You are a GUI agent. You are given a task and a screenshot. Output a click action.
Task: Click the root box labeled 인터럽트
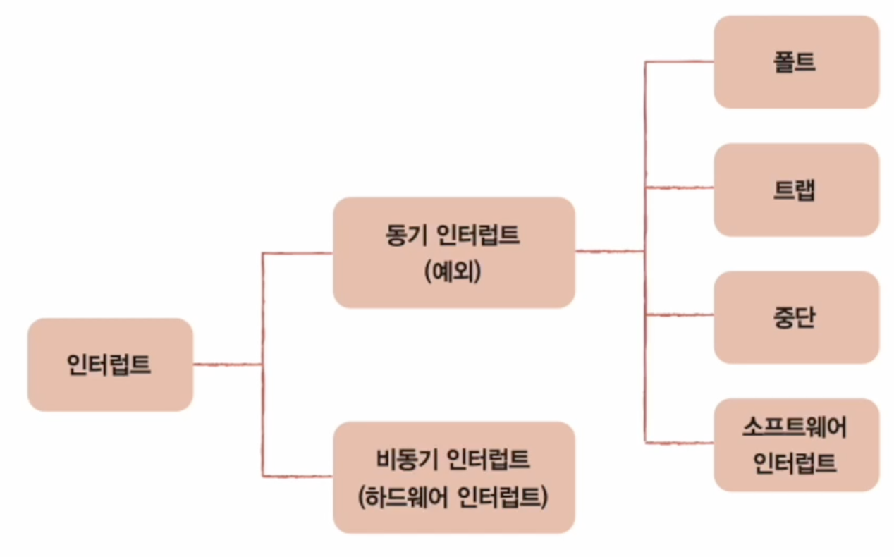(110, 365)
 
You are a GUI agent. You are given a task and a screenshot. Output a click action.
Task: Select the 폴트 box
(796, 62)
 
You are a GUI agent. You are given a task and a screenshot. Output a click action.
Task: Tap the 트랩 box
(796, 190)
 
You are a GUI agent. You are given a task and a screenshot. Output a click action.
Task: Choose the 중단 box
(796, 317)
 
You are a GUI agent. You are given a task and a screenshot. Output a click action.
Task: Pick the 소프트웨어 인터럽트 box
(796, 445)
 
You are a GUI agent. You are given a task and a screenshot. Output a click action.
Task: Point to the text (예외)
(453, 271)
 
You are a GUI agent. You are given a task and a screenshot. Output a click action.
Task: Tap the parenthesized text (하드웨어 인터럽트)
(453, 497)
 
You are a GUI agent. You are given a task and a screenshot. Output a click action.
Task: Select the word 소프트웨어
(795, 427)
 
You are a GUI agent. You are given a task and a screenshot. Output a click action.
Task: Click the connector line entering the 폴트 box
(680, 62)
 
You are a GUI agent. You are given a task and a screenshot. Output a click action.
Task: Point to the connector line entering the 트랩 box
(680, 188)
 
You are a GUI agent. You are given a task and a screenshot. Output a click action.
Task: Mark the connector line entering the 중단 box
(680, 315)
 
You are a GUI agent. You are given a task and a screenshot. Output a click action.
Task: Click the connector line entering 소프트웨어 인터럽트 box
(680, 443)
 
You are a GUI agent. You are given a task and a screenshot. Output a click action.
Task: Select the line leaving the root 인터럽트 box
(227, 365)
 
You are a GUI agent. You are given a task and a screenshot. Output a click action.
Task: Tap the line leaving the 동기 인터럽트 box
(609, 251)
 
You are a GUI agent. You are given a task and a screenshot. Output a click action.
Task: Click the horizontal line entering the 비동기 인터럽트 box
(298, 477)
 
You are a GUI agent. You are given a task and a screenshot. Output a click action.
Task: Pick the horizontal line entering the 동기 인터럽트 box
(298, 252)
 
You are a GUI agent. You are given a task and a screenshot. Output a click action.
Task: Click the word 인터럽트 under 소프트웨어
(795, 464)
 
